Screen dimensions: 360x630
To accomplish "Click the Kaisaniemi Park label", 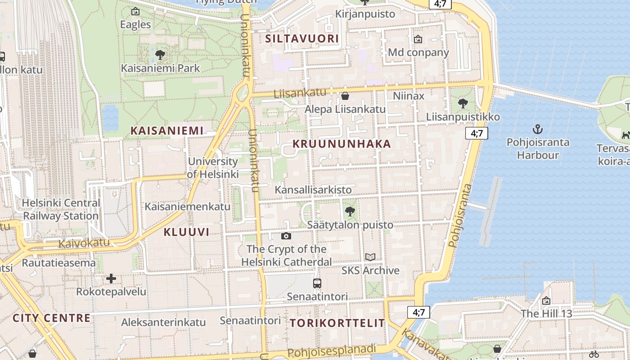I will [160, 68].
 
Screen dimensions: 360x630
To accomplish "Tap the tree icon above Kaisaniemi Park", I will [160, 55].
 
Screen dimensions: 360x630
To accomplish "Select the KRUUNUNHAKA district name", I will [342, 144].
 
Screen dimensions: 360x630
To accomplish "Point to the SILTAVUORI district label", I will [301, 39].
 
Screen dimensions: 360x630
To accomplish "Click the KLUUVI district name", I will [186, 232].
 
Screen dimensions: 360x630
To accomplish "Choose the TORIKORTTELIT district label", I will [337, 323].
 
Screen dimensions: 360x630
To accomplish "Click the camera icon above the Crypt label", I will [286, 236].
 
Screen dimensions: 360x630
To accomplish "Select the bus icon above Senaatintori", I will [317, 283].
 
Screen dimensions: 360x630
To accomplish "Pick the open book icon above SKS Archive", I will [370, 257].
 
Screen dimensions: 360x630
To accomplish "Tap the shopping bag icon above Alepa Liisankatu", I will [345, 96].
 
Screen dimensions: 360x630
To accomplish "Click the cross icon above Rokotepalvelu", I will [111, 279].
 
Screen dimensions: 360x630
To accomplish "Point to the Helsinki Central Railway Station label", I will [61, 209].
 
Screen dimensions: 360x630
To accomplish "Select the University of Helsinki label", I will [213, 167].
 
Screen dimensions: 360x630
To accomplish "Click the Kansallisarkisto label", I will [313, 189].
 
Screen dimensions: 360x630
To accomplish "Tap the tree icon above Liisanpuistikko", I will [463, 104].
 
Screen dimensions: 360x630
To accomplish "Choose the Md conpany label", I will [418, 52].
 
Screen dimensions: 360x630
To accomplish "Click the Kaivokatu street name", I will [84, 243].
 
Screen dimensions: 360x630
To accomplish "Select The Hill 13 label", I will [546, 313].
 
